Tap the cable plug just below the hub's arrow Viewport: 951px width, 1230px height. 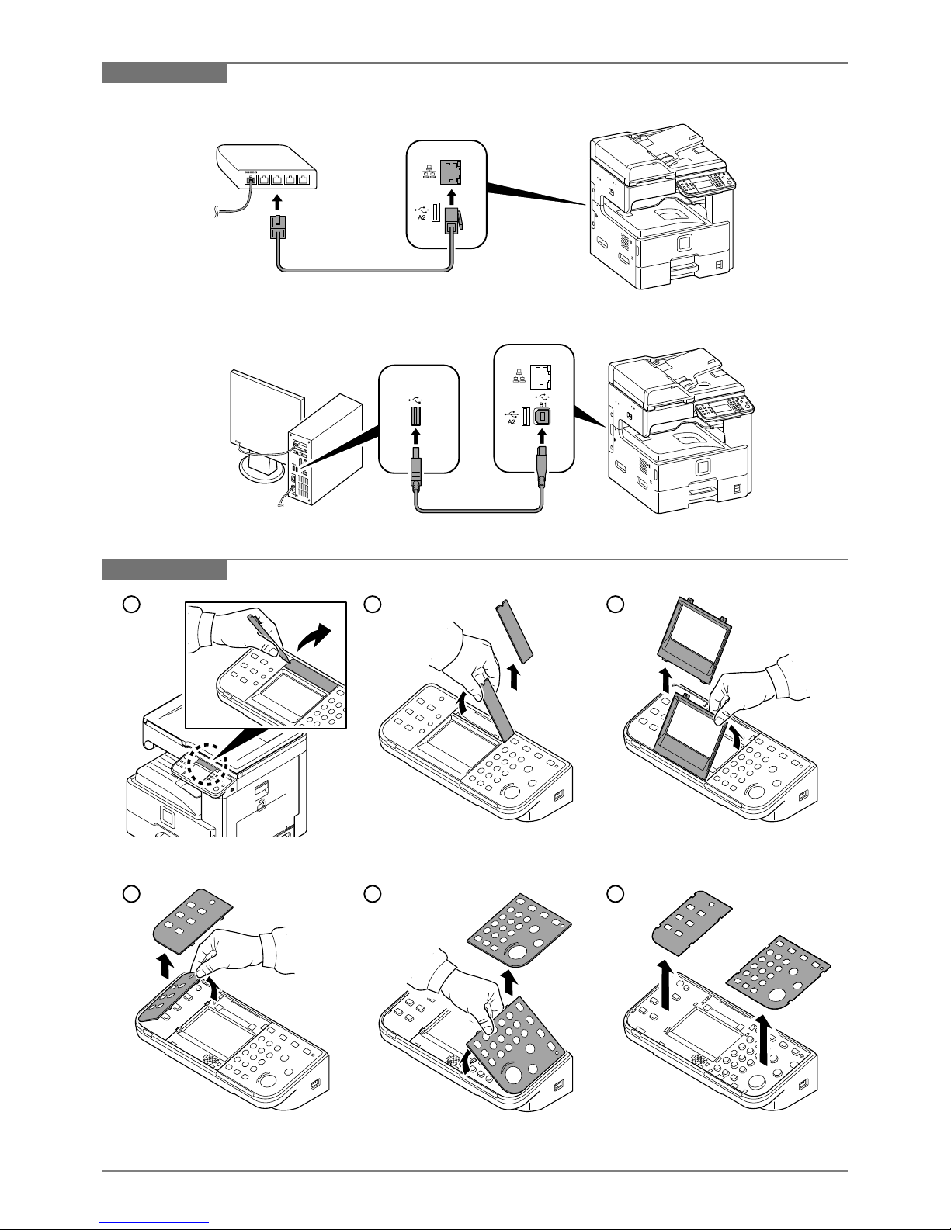click(278, 228)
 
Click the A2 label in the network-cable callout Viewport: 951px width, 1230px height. click(422, 218)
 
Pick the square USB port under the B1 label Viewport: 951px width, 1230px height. click(543, 417)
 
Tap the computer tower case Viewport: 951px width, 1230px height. click(326, 450)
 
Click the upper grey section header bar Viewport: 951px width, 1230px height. click(165, 73)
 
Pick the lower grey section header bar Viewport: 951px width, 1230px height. click(165, 569)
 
